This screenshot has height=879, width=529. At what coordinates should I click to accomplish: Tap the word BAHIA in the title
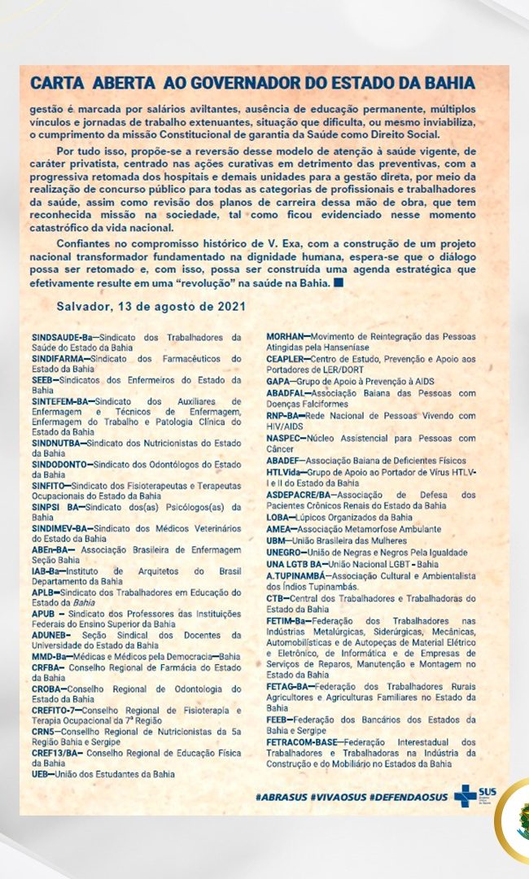click(447, 84)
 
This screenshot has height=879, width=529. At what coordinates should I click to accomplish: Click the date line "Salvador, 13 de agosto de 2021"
click(139, 306)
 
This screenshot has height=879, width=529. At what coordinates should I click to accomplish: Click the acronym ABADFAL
click(288, 391)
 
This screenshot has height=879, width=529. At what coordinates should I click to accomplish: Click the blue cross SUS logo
click(467, 795)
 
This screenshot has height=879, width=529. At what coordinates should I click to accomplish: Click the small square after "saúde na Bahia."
click(339, 283)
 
